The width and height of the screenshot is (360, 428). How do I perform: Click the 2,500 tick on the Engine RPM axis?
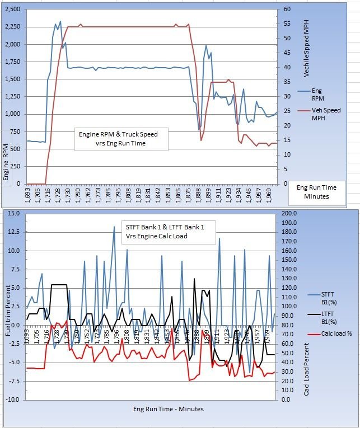point(11,10)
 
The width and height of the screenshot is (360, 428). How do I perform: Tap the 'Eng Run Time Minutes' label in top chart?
point(321,192)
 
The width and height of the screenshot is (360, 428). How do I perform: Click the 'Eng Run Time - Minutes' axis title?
point(168,409)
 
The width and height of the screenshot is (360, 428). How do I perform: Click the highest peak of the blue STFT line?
point(114,227)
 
